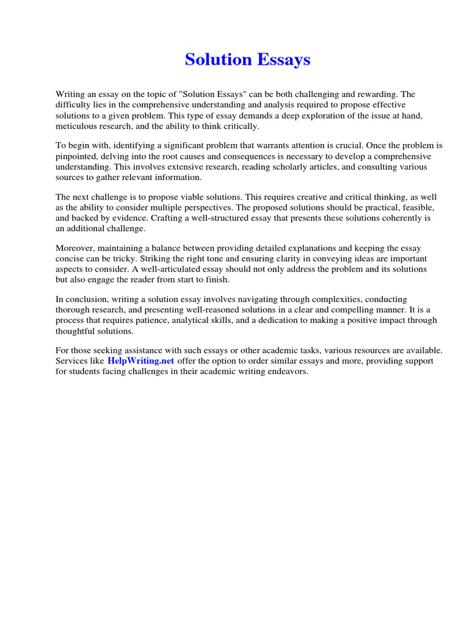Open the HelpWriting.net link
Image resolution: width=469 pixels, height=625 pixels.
(x=141, y=361)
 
